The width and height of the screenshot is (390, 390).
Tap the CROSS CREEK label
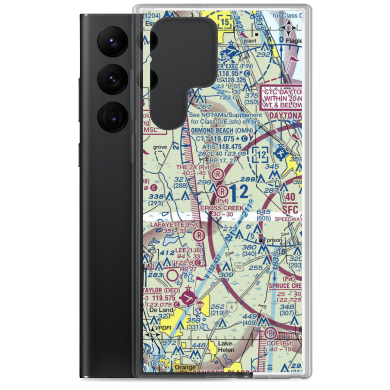pos(222,208)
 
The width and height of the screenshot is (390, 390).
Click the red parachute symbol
pos(200,305)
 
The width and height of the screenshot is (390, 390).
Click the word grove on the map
pos(160,147)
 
